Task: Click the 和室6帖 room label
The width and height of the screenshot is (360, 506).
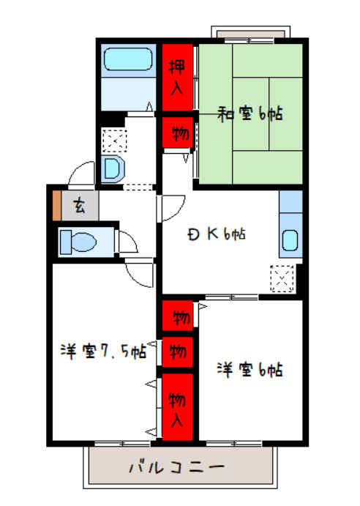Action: (x=250, y=114)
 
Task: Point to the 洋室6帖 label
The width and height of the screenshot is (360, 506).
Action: (x=249, y=370)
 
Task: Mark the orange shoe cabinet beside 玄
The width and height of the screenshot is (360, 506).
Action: (x=56, y=205)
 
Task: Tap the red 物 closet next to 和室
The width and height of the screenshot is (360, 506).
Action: (x=178, y=134)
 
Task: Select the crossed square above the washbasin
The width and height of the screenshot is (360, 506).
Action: (x=113, y=138)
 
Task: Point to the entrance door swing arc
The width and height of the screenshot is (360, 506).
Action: (x=80, y=174)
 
